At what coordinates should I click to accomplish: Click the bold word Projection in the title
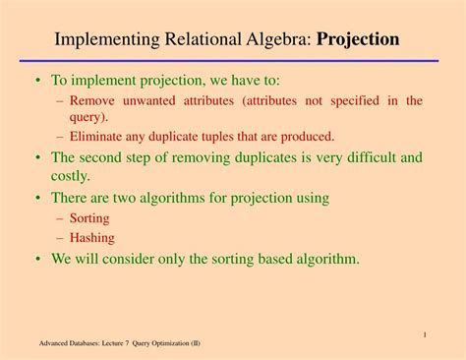pyautogui.click(x=358, y=40)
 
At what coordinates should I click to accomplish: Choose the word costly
pyautogui.click(x=70, y=176)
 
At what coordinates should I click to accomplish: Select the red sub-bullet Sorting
pyautogui.click(x=89, y=218)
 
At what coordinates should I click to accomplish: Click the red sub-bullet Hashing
pyautogui.click(x=92, y=237)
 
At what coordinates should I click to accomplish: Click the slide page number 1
pyautogui.click(x=424, y=335)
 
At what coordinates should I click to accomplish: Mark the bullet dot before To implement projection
pyautogui.click(x=38, y=81)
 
